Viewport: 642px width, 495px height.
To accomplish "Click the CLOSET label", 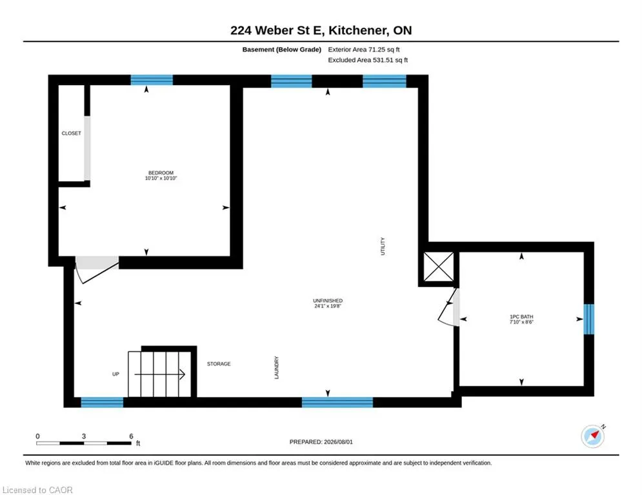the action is [x=71, y=133].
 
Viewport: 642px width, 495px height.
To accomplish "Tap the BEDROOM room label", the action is [x=161, y=173].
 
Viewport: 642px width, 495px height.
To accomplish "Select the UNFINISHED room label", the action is [x=328, y=301].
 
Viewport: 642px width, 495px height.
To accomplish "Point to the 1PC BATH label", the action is [x=521, y=316].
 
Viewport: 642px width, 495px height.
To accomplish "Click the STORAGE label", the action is [x=219, y=364].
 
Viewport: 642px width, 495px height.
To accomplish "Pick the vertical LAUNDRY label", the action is [x=276, y=367].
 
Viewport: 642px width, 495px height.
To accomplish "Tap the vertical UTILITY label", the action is [x=383, y=246].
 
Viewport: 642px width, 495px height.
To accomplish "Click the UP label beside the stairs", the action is [x=116, y=374].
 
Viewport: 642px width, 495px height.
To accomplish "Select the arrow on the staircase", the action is [x=159, y=374].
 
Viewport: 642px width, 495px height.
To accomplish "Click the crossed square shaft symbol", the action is [x=439, y=267].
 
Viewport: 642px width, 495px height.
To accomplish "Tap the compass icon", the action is [x=592, y=436].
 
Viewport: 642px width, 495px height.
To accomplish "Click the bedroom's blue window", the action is [x=152, y=80].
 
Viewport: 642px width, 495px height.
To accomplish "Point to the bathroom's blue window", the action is [x=589, y=319].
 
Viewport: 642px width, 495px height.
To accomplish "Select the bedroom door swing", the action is [x=95, y=269].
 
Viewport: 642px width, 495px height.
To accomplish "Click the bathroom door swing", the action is [x=448, y=307].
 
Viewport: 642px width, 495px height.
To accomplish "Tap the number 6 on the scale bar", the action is [x=131, y=436].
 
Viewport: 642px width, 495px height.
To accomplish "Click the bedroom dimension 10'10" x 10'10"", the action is [x=161, y=179].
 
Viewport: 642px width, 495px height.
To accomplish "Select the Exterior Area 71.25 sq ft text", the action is [x=363, y=50].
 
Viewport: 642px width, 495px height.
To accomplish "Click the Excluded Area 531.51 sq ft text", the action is [x=368, y=60].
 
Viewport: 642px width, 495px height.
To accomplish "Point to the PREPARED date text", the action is [x=321, y=442].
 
